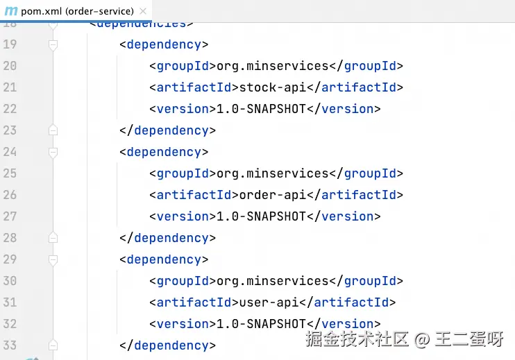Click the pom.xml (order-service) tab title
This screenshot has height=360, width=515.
click(x=78, y=11)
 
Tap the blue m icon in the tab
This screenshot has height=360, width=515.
click(x=11, y=11)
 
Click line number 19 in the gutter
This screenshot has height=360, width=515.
click(x=10, y=44)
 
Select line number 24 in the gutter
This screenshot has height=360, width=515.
click(x=10, y=152)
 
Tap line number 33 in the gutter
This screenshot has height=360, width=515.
click(x=10, y=345)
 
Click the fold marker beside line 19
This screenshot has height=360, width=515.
click(x=53, y=44)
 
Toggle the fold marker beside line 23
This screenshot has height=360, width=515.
click(x=53, y=130)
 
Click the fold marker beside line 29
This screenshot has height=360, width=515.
click(x=53, y=259)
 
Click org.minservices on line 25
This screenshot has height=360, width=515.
click(x=272, y=173)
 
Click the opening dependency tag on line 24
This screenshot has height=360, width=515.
click(x=164, y=152)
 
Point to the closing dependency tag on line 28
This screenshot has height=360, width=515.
click(x=167, y=238)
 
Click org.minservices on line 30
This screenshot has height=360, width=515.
click(x=272, y=281)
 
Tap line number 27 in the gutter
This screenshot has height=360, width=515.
click(x=10, y=216)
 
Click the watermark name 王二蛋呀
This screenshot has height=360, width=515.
click(x=469, y=339)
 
